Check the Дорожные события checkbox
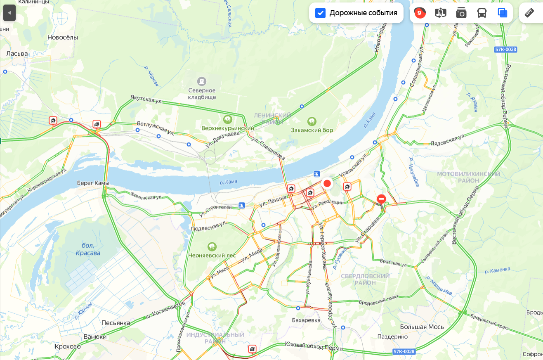[x=321, y=13]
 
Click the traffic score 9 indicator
[x=420, y=13]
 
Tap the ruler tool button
[x=529, y=13]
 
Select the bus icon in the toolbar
[x=482, y=13]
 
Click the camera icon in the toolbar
[x=461, y=13]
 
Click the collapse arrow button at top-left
[x=9, y=13]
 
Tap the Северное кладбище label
[x=202, y=93]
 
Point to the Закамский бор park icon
[x=312, y=121]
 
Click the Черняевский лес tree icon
[x=212, y=247]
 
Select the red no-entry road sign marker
[x=381, y=199]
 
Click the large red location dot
[x=327, y=183]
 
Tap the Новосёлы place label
[x=63, y=37]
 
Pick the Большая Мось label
[x=422, y=327]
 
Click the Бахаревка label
[x=306, y=320]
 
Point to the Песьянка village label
[x=116, y=323]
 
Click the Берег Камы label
[x=93, y=183]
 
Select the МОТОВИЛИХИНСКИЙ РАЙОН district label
[x=468, y=177]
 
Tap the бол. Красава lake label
[x=88, y=249]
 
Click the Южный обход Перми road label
[x=314, y=346]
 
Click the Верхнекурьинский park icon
[x=227, y=120]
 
